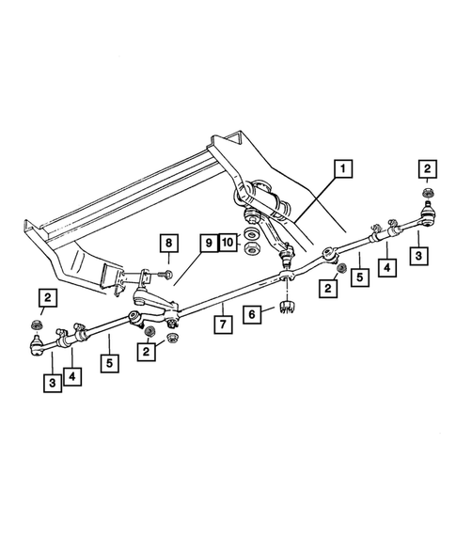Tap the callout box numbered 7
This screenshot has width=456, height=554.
point(223,325)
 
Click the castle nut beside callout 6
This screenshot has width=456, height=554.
point(287,308)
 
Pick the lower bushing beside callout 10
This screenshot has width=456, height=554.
point(251,249)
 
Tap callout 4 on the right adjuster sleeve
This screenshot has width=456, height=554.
point(385,268)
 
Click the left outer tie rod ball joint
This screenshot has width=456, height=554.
point(36,347)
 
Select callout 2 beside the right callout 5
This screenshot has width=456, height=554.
point(329,289)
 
